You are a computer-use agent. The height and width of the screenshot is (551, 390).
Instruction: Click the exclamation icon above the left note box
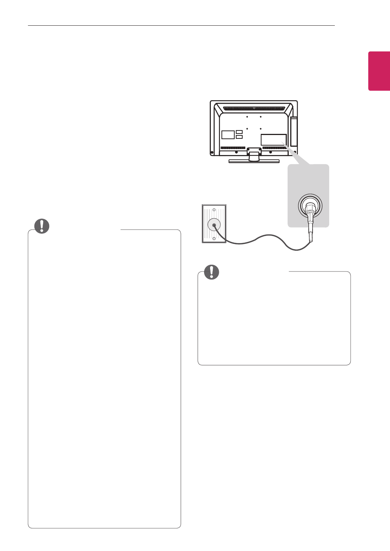42,226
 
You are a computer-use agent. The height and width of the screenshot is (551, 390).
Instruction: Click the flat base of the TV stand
254,161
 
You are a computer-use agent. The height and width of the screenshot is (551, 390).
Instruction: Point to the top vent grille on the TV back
254,109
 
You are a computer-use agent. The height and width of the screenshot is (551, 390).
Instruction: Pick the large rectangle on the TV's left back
227,134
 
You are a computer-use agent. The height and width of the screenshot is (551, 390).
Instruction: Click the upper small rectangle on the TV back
239,132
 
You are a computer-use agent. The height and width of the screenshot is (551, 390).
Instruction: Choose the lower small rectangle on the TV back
239,137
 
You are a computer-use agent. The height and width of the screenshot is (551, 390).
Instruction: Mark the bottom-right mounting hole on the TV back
261,129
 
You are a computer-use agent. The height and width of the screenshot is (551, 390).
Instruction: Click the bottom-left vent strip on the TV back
232,147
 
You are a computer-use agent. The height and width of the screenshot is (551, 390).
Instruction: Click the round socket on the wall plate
214,225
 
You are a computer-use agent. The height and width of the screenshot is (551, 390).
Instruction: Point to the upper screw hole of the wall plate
214,210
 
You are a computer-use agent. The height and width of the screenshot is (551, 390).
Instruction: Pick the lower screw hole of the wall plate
214,239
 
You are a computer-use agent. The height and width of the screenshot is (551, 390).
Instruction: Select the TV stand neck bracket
254,152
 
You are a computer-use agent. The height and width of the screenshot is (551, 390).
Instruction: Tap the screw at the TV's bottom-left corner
212,152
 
